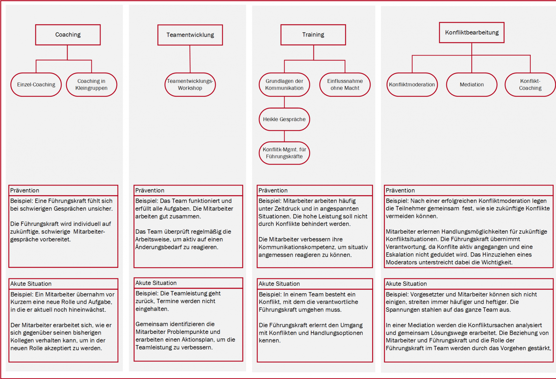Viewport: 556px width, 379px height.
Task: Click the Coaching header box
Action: (68, 35)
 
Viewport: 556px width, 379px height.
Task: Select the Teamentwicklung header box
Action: (190, 35)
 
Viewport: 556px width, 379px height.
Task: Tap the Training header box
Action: (313, 35)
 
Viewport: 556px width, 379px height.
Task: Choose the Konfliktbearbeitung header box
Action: (471, 32)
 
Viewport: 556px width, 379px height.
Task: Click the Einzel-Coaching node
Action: (36, 85)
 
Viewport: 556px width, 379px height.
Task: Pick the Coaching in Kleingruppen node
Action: (91, 85)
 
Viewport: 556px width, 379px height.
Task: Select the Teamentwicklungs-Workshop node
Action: (190, 85)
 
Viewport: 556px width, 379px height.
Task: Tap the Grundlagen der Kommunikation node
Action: (284, 85)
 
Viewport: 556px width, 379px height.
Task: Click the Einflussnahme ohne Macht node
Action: (345, 85)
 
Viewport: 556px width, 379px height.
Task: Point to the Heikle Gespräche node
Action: (284, 119)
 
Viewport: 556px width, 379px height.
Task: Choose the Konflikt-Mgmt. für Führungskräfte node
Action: (284, 153)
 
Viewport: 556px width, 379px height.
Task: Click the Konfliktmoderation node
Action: (412, 85)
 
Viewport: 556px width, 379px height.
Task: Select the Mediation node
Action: (471, 85)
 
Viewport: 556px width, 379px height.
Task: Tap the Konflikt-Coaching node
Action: (530, 85)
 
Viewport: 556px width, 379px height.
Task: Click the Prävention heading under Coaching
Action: (25, 190)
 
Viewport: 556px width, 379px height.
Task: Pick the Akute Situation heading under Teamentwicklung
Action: (156, 283)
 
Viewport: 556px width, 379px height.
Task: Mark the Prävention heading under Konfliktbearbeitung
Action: (400, 190)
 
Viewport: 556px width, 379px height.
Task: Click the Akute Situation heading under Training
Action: (279, 284)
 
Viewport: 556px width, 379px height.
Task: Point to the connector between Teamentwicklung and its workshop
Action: (190, 59)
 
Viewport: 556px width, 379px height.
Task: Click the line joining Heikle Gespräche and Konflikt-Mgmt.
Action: (284, 136)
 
